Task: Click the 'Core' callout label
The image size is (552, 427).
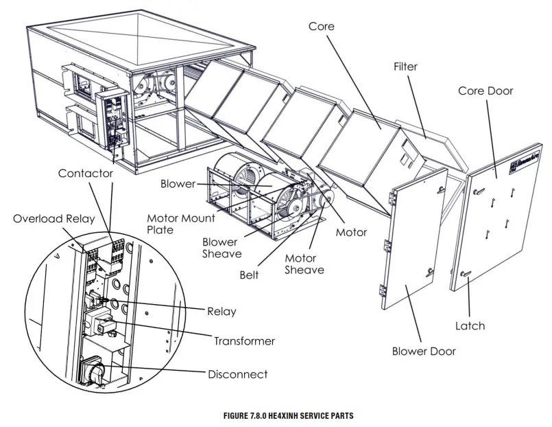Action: [x=321, y=26]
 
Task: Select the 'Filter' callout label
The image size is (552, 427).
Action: [x=405, y=67]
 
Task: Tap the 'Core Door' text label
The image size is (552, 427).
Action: [x=485, y=91]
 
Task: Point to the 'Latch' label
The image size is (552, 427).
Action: [x=470, y=325]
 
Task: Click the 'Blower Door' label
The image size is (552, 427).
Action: [x=424, y=351]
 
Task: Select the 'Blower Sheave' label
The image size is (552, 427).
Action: [x=221, y=248]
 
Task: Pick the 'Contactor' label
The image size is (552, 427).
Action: [x=85, y=174]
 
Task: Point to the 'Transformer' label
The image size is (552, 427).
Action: [x=244, y=341]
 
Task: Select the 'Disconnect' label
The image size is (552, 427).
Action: [x=238, y=374]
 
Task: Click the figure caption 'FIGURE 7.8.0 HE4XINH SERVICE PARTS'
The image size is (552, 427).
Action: [x=276, y=416]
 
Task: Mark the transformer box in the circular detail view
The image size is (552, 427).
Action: [x=103, y=323]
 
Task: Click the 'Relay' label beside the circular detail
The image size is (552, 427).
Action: [x=221, y=312]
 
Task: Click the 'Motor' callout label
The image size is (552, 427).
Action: [x=351, y=232]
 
